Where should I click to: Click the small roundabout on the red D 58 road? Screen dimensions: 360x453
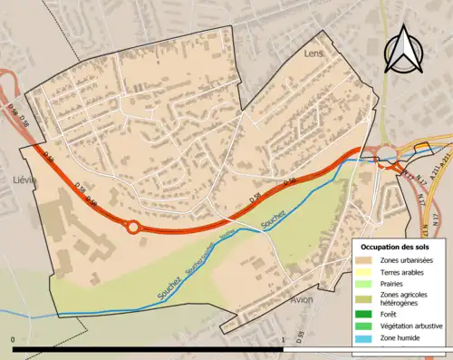click(x=133, y=227)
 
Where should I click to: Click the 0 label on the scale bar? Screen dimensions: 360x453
click(x=14, y=340)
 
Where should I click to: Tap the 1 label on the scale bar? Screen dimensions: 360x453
click(x=284, y=340)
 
